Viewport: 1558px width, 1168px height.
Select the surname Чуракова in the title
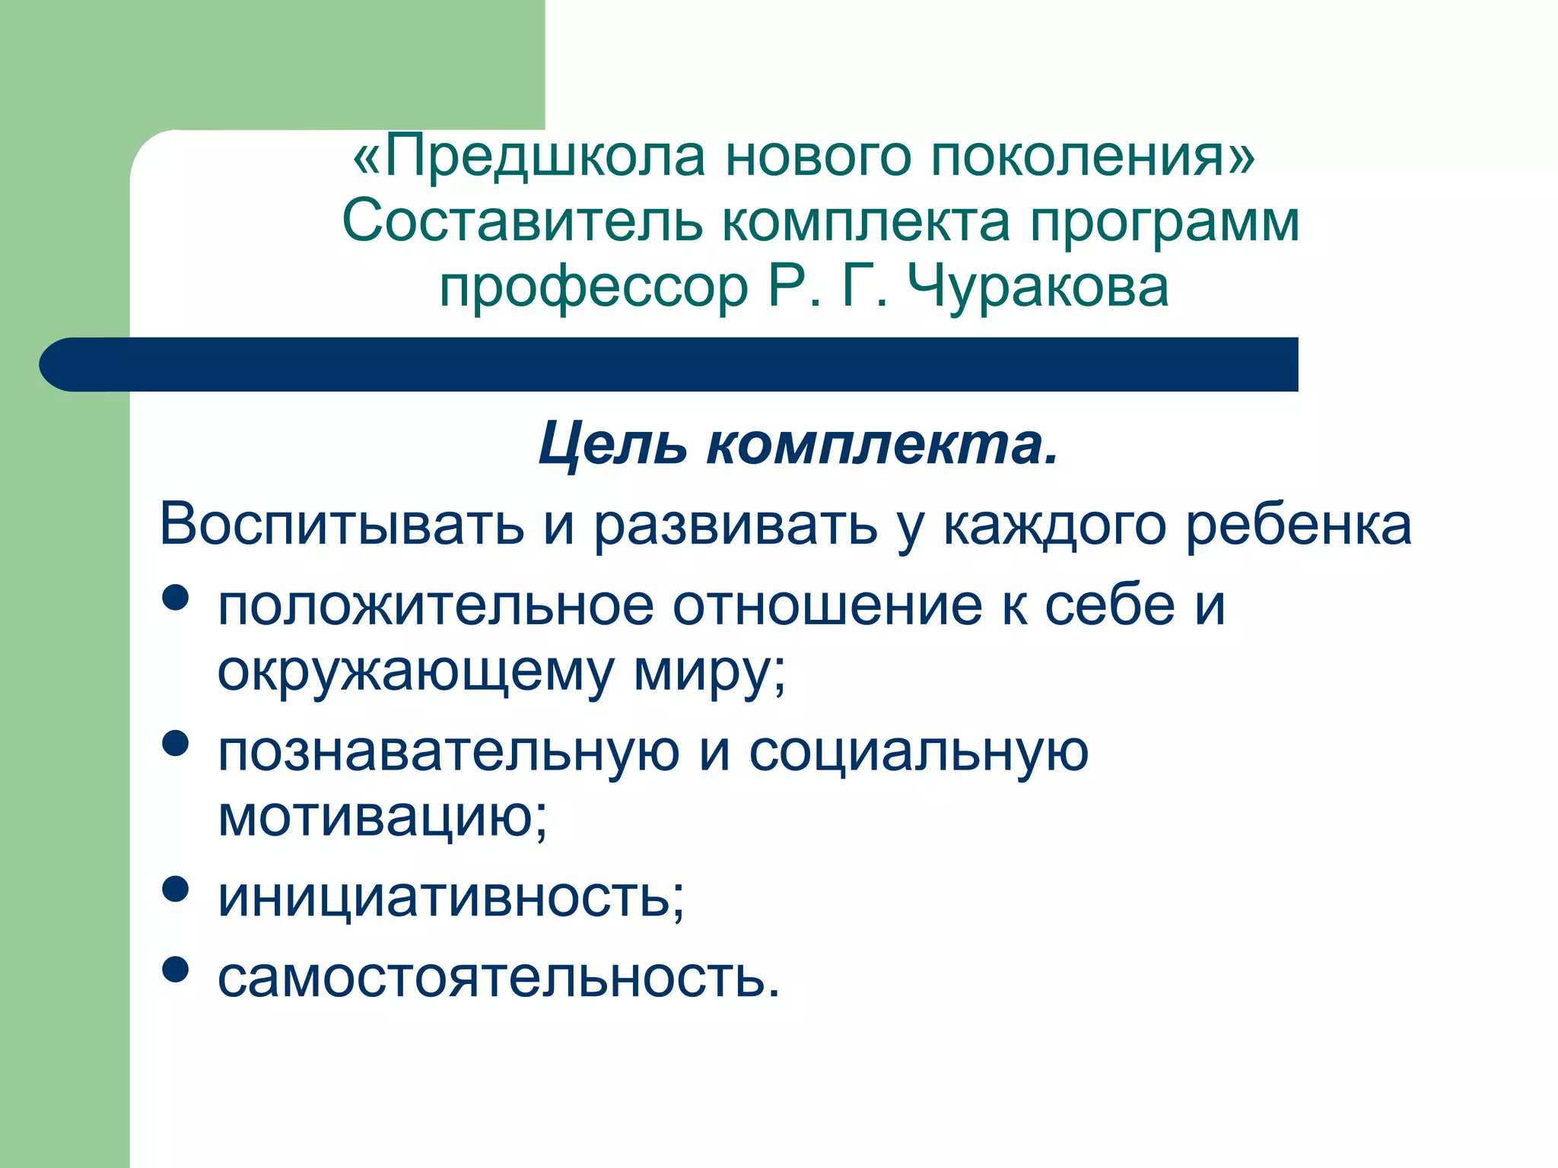pos(1038,287)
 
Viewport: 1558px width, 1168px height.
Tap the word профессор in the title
pos(594,289)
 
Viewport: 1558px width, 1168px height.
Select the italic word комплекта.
pos(882,445)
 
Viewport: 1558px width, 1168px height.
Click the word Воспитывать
pos(342,525)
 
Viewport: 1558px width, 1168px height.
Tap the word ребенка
pos(1299,525)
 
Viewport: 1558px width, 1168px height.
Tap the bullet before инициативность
pos(176,888)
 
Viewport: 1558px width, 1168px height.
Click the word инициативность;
pos(451,898)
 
